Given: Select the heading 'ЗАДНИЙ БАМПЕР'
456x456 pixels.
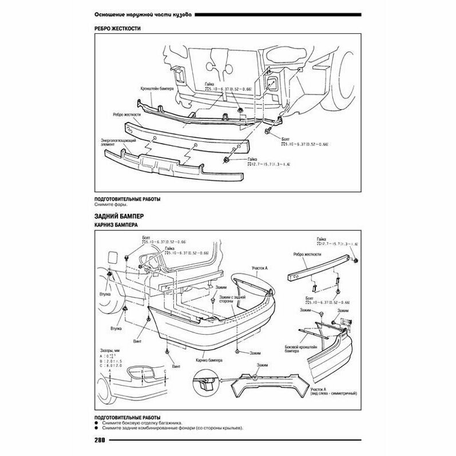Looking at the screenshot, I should (x=118, y=216).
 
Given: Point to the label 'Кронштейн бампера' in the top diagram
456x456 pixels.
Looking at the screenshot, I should (x=156, y=89).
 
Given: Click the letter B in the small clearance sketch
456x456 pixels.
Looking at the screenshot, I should (x=140, y=372).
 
